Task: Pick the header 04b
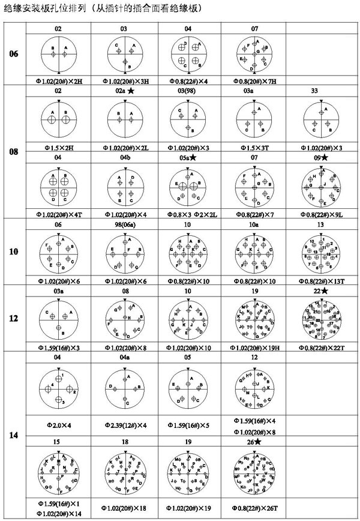pyautogui.click(x=124, y=157)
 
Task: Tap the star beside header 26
pyautogui.click(x=259, y=442)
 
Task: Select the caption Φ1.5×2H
pyautogui.click(x=58, y=146)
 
